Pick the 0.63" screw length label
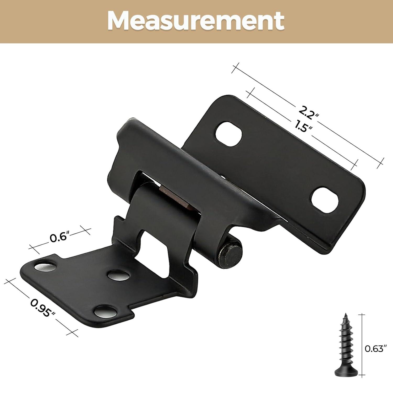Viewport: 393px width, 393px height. [376, 349]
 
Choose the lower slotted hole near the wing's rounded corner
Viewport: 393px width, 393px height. [324, 200]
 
